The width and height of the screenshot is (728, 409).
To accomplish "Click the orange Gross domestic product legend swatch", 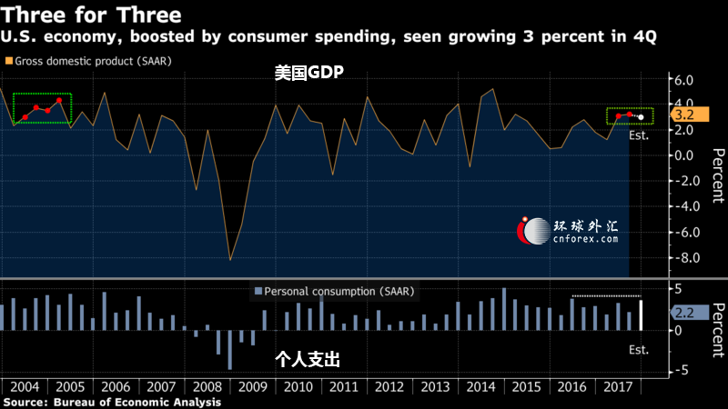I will click(9, 61).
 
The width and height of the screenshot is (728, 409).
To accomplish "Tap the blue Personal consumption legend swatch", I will click(258, 291).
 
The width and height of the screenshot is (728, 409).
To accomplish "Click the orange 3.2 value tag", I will click(686, 115).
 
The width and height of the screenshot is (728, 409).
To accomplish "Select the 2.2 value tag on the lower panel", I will click(686, 312).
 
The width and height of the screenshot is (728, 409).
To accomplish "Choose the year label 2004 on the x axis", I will click(24, 386).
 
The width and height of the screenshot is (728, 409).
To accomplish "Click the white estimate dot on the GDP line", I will click(641, 117).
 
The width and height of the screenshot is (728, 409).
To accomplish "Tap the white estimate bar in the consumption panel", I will click(641, 314).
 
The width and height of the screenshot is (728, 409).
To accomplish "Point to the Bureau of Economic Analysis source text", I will click(136, 401).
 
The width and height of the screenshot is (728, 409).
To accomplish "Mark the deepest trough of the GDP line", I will click(229, 260).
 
